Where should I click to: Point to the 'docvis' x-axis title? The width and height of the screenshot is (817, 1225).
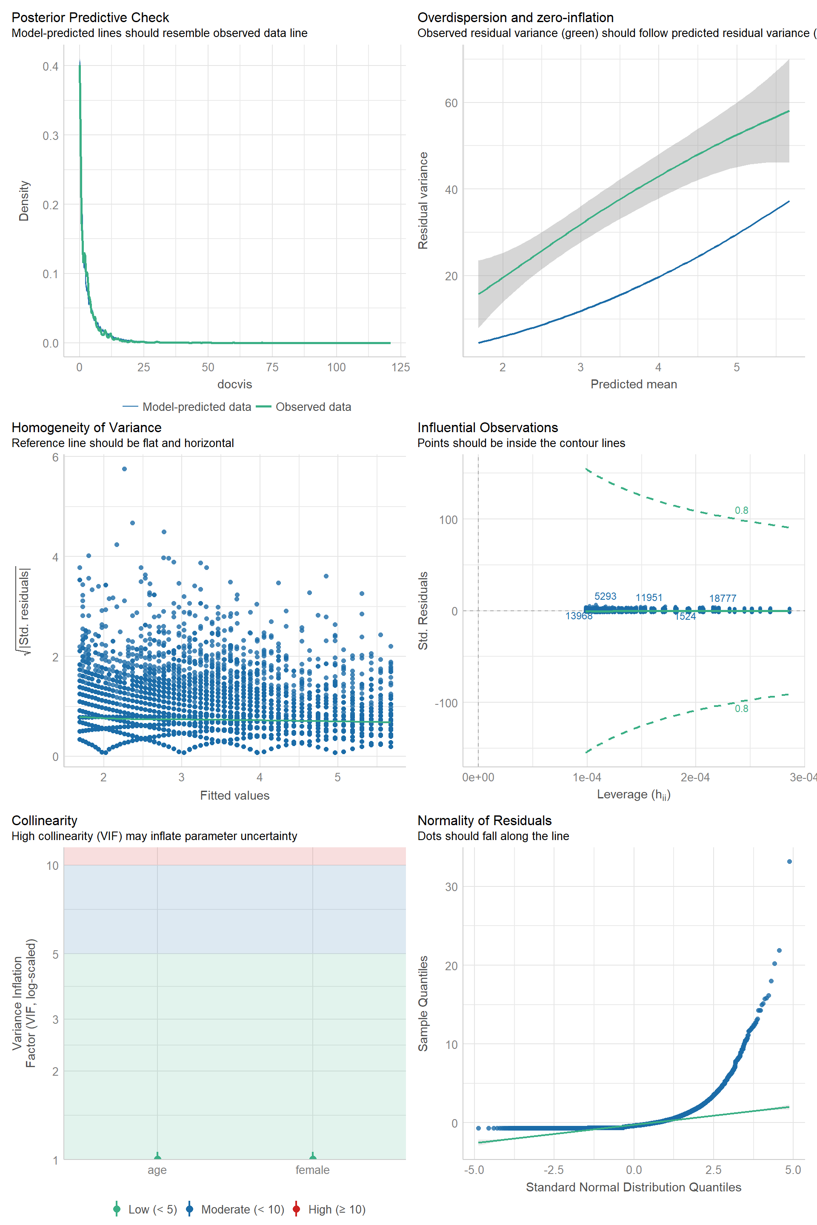234,385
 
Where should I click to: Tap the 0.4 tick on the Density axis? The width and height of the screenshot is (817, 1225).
51,66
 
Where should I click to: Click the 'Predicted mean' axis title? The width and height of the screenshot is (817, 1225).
634,385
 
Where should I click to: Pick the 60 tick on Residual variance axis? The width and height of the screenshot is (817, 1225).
451,103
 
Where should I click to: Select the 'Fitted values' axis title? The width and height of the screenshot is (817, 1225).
234,795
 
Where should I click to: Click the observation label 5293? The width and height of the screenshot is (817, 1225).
605,596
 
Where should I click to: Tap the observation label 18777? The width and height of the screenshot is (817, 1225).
722,598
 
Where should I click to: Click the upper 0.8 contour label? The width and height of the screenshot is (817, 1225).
741,510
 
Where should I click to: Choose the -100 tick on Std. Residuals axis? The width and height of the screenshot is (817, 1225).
446,703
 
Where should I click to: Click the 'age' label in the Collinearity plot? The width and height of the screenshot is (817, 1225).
157,1170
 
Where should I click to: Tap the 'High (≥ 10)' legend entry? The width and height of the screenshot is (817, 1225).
337,1209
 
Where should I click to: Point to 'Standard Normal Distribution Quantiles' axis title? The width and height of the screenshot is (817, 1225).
633,1187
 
